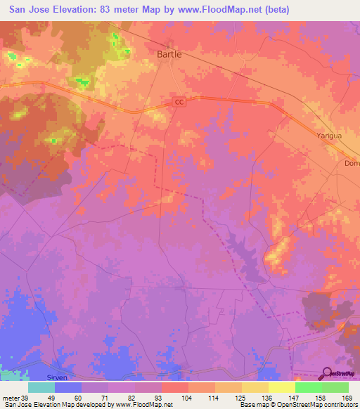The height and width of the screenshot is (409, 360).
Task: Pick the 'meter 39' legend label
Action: coord(14,398)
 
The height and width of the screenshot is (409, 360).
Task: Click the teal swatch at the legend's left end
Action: coord(41,387)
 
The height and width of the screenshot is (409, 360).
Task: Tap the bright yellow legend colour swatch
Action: coord(281,387)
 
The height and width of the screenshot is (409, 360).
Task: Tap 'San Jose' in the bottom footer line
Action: coord(16,405)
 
